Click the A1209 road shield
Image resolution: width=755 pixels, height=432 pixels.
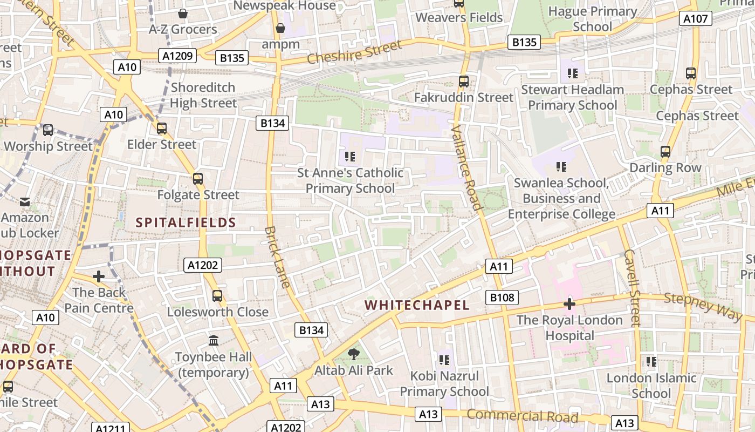point(177,55)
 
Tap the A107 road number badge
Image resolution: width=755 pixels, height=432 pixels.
point(695,19)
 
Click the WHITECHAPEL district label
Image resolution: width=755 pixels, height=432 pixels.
point(417,305)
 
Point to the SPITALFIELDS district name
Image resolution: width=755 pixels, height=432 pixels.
point(186,222)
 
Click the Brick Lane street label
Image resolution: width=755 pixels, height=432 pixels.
point(277,257)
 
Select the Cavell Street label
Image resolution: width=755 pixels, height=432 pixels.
point(632,287)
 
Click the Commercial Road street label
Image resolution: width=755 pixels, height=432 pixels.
point(522,416)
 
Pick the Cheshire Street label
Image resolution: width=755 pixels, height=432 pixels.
point(354,53)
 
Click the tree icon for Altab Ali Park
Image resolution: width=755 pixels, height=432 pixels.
point(354,354)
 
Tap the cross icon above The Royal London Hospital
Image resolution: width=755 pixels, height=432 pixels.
point(569,304)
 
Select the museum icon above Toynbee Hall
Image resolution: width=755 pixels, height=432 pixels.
point(214,341)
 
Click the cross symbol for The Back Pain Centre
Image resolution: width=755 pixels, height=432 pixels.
point(99,276)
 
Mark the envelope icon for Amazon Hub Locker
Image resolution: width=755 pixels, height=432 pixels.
point(25,202)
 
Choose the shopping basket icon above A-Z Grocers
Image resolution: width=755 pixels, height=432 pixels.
point(183,13)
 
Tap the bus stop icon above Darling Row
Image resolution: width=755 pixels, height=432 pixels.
point(665,152)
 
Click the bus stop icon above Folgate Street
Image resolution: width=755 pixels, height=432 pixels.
point(198,179)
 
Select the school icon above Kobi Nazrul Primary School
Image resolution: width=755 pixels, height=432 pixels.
point(444,360)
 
